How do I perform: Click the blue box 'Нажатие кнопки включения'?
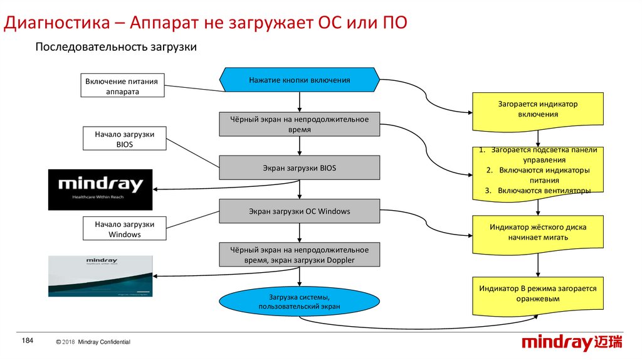tap(299, 80)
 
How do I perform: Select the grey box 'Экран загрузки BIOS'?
tap(299, 168)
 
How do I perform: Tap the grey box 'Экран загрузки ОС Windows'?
tap(299, 211)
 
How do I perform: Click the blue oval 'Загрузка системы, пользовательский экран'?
tap(299, 301)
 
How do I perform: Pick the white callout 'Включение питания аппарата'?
tap(123, 85)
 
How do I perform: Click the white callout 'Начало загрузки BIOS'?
tap(125, 139)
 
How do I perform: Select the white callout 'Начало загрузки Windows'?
tap(125, 229)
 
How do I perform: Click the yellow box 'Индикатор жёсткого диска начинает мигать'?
tap(538, 233)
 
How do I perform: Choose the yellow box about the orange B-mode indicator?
tap(538, 294)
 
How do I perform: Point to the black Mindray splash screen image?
tap(100, 189)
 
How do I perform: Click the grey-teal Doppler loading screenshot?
tap(100, 276)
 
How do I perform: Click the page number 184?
tap(27, 340)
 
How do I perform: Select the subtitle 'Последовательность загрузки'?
tap(116, 48)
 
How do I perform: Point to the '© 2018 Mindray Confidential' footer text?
tap(93, 342)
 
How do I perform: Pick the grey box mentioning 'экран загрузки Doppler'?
tap(299, 255)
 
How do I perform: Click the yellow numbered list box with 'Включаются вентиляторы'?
tap(538, 171)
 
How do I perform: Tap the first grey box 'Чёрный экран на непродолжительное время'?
tap(299, 124)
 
